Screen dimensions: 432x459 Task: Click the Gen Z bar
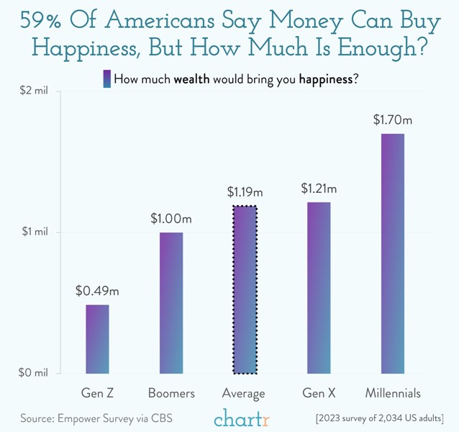[x=97, y=339]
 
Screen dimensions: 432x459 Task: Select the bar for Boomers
[x=171, y=303]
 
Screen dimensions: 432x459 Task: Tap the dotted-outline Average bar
[x=245, y=289]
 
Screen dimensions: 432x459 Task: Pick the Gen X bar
[x=319, y=288]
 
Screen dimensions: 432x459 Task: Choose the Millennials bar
[x=393, y=253]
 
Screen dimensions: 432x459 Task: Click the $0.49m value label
[x=97, y=292]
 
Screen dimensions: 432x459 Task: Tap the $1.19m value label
[x=245, y=192]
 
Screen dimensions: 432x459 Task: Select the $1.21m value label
[x=319, y=189]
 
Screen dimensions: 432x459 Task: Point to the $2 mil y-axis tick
[x=34, y=91]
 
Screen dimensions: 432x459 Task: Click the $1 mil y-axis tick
[x=34, y=233]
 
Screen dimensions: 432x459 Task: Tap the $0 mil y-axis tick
[x=34, y=373]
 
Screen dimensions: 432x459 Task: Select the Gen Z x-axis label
[x=97, y=394]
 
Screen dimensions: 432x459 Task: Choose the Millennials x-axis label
[x=393, y=394]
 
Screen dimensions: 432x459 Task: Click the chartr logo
[x=242, y=418]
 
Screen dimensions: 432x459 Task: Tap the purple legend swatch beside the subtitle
[x=106, y=78]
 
